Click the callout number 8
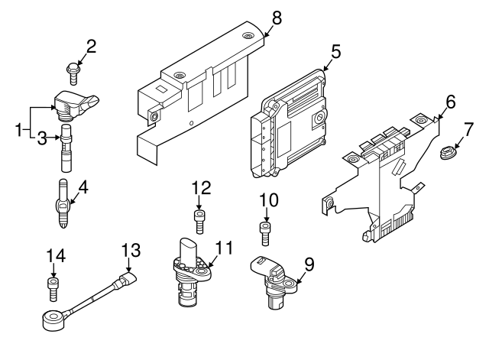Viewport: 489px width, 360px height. point(276,18)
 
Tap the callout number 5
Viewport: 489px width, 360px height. point(336,52)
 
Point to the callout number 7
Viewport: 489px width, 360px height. point(469,128)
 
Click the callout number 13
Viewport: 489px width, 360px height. point(131,250)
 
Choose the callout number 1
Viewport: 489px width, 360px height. point(20,130)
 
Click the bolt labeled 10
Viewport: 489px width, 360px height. point(265,232)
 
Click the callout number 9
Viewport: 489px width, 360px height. point(309,264)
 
